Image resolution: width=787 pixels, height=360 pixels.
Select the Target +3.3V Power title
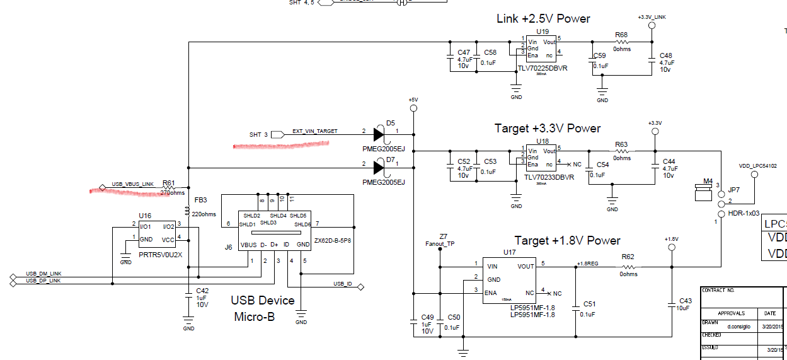click(x=548, y=129)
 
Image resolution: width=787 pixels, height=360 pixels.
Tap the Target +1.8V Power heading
click(x=567, y=240)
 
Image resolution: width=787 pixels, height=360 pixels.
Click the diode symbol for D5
click(x=379, y=134)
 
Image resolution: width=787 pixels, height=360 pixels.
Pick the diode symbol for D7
click(x=379, y=168)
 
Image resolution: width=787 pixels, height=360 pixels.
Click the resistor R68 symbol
click(x=621, y=42)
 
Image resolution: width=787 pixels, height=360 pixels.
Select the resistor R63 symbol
click(x=621, y=151)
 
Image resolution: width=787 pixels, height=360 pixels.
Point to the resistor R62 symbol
click(x=628, y=267)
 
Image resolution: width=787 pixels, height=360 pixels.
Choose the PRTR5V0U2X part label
click(x=161, y=255)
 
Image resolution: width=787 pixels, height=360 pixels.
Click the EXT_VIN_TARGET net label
click(x=314, y=131)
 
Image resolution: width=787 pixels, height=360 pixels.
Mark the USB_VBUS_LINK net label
click(x=132, y=184)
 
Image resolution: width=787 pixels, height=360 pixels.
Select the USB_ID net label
click(x=343, y=284)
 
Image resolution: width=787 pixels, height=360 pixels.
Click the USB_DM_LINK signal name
click(x=43, y=274)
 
